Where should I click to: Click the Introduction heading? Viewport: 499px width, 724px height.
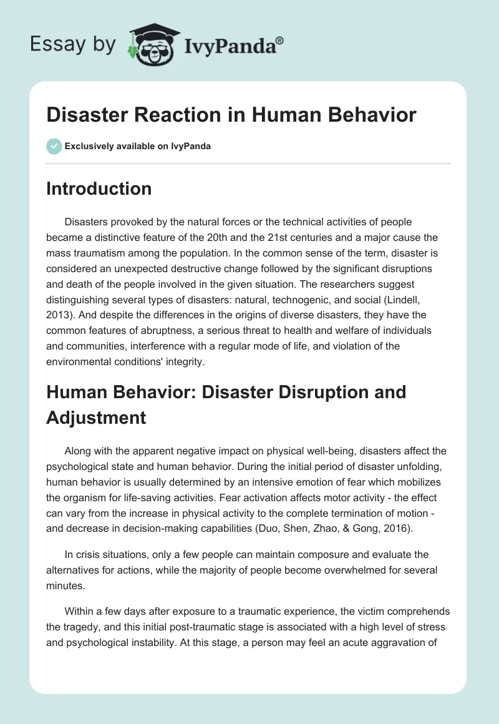pyautogui.click(x=99, y=188)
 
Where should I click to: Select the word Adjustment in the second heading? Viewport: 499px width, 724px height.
pyautogui.click(x=96, y=417)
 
